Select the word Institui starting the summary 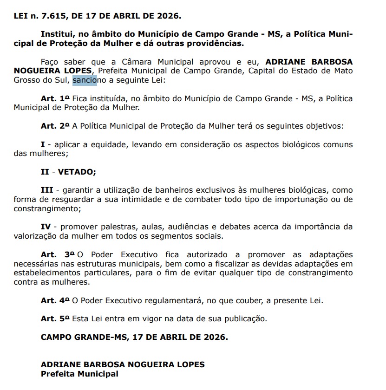(x=55, y=34)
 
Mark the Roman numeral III (x=46, y=190)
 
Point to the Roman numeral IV (x=46, y=227)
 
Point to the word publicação (x=245, y=318)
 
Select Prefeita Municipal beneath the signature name (x=79, y=373)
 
